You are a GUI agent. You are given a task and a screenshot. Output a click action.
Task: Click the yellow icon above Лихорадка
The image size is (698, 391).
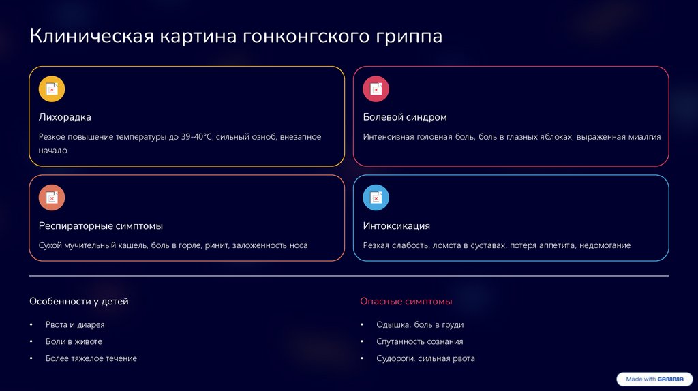(52, 89)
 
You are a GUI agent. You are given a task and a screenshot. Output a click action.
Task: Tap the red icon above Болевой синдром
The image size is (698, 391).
(376, 89)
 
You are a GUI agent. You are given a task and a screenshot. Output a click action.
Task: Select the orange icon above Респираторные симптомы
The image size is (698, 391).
(52, 198)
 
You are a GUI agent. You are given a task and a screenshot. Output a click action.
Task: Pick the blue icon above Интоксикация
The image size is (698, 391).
(376, 198)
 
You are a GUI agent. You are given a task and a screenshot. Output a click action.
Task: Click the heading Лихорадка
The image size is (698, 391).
(65, 117)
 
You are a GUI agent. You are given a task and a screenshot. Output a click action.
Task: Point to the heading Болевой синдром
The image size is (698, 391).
(405, 117)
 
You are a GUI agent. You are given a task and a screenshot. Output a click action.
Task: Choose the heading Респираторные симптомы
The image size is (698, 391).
(101, 225)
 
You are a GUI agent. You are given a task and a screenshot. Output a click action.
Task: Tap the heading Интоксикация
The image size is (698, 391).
(396, 225)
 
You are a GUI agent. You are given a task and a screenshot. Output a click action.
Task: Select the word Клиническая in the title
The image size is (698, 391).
(91, 36)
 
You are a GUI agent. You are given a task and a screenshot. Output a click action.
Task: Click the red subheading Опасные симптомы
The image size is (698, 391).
(406, 301)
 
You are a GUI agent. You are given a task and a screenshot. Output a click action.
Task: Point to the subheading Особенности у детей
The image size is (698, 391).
(78, 301)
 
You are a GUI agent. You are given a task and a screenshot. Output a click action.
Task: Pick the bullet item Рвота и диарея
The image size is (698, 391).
(75, 325)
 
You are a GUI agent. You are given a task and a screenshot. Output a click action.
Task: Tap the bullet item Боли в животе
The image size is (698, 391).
(74, 341)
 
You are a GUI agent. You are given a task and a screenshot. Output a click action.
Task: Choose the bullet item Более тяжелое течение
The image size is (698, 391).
(91, 358)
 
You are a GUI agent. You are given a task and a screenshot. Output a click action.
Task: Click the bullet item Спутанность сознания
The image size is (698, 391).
(419, 341)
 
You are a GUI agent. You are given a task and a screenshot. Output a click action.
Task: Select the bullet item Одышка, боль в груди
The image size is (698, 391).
(420, 325)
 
